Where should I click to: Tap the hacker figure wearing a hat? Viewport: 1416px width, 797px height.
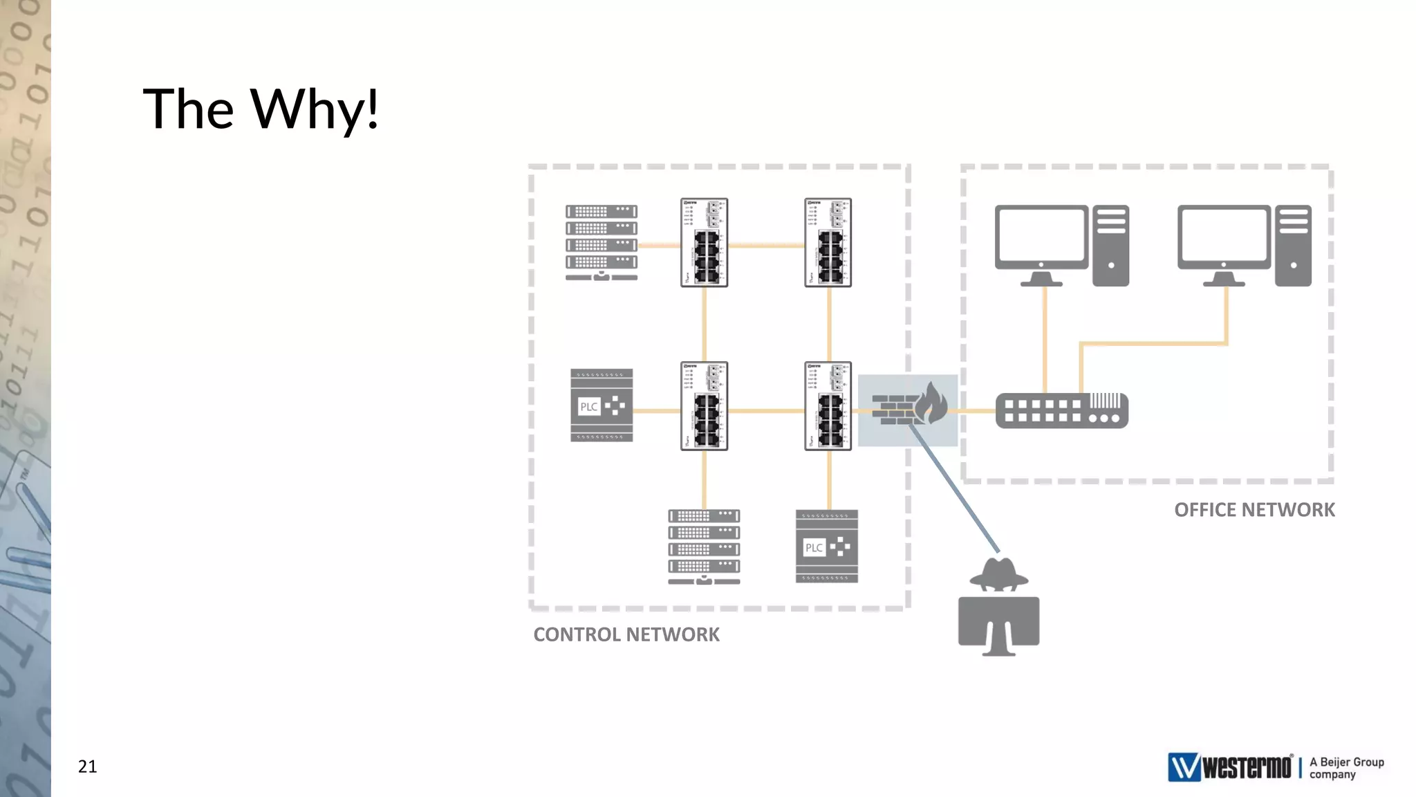(x=998, y=607)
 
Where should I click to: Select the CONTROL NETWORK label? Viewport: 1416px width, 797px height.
(x=626, y=634)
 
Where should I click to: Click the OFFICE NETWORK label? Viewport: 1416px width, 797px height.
(x=1254, y=510)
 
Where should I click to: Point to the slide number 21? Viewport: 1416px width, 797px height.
(x=87, y=767)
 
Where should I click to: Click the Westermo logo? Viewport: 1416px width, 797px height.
(x=1229, y=767)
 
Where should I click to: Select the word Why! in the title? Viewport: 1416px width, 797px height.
(x=315, y=109)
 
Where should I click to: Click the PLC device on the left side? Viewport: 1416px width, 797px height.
(x=602, y=405)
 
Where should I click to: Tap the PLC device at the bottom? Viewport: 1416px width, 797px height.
(x=827, y=547)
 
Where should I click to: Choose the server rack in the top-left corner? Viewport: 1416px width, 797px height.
(x=602, y=242)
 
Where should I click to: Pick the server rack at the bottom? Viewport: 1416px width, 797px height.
(x=704, y=547)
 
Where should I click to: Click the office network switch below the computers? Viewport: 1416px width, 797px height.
(x=1062, y=411)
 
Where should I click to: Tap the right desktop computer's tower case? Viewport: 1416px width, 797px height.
(x=1293, y=245)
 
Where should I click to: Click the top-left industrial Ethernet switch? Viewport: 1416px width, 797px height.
(x=704, y=242)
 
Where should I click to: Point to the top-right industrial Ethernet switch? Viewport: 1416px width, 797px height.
(x=828, y=242)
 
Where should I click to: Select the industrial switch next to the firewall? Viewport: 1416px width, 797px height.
(x=828, y=406)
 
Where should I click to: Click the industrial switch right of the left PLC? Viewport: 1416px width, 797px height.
(x=704, y=406)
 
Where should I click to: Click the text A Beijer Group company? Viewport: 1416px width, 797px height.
(x=1346, y=768)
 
